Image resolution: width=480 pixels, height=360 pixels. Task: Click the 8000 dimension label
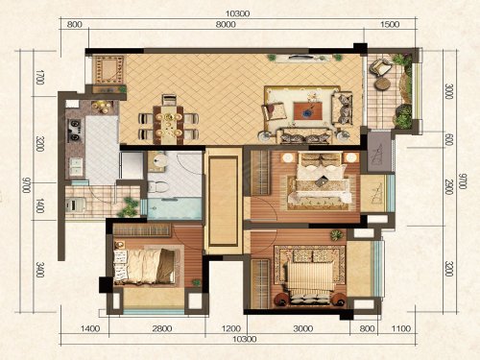[226, 25]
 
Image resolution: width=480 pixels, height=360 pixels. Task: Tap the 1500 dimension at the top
[390, 25]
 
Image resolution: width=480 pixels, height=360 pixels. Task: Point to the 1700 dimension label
[39, 77]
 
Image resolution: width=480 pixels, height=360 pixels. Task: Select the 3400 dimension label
[40, 270]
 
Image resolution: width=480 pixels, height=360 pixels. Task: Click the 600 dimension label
[449, 139]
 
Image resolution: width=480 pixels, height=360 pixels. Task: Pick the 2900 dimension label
[449, 188]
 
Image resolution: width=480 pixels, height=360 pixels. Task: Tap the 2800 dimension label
[162, 328]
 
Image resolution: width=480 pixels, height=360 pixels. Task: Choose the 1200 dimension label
[231, 328]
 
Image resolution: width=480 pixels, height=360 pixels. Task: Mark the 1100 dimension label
[400, 328]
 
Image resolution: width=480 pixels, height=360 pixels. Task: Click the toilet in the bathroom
[157, 187]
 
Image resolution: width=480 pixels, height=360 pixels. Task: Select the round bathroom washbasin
[157, 160]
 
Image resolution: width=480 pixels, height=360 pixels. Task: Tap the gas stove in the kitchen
[75, 131]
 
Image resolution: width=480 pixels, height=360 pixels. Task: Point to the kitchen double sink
[76, 166]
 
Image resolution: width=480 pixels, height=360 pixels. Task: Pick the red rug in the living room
[308, 110]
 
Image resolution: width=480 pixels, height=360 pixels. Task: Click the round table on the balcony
[382, 84]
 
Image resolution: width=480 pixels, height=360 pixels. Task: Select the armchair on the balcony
[380, 67]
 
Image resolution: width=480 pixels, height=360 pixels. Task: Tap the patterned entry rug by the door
[108, 70]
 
